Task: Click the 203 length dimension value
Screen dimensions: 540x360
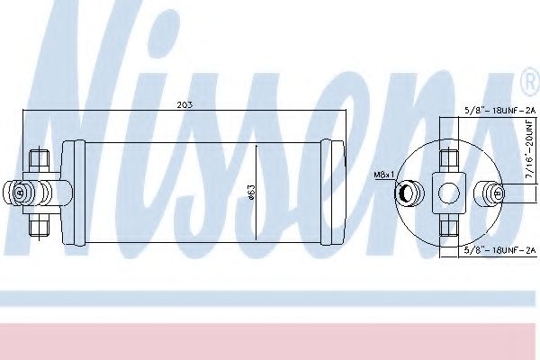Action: pyautogui.click(x=184, y=104)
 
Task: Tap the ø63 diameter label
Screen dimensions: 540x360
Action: pyautogui.click(x=251, y=193)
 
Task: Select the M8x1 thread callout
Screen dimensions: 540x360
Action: pyautogui.click(x=383, y=175)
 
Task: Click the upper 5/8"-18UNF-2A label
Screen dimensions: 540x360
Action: pyautogui.click(x=500, y=111)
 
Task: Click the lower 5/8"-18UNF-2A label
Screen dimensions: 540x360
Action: pyautogui.click(x=500, y=250)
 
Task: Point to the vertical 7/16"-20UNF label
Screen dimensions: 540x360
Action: pyautogui.click(x=529, y=148)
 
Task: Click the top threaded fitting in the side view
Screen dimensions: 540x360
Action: pyautogui.click(x=39, y=160)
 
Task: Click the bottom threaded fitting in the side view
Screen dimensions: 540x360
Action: pyautogui.click(x=39, y=226)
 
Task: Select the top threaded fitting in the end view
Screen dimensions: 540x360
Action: pyautogui.click(x=449, y=161)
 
